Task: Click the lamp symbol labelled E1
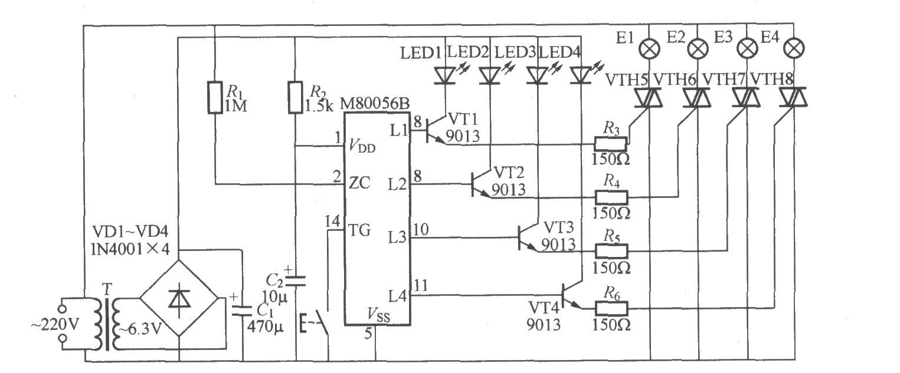click(x=649, y=49)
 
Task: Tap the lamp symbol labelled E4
click(x=794, y=48)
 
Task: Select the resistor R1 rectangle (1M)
click(x=215, y=97)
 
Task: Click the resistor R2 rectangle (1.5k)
click(x=295, y=97)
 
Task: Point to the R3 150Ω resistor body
click(x=611, y=144)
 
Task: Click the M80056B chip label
click(x=375, y=104)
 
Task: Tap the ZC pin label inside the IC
click(x=359, y=183)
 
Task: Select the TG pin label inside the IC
click(x=359, y=230)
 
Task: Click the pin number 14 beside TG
click(x=333, y=221)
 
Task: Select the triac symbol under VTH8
click(x=793, y=97)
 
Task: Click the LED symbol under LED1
click(x=445, y=76)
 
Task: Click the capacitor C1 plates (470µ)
click(x=243, y=311)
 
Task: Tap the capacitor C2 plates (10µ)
click(x=295, y=280)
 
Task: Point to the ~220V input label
click(x=55, y=324)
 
